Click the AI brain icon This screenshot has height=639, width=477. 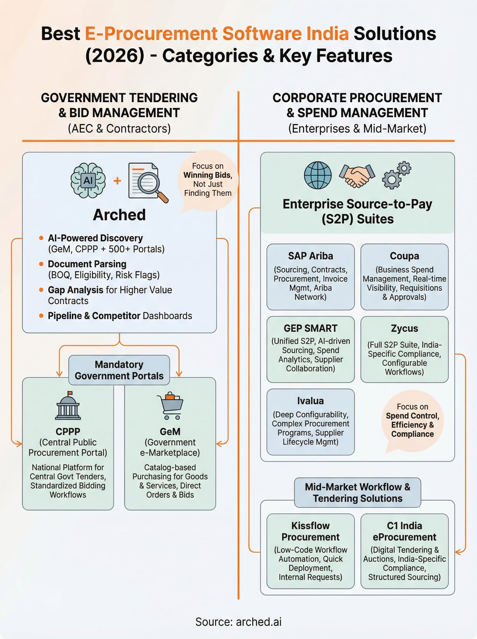pyautogui.click(x=88, y=181)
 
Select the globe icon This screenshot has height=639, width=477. pyautogui.click(x=318, y=175)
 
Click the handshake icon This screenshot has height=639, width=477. pyautogui.click(x=357, y=175)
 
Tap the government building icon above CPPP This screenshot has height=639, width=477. pyautogui.click(x=68, y=406)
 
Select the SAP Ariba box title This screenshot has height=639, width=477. pyautogui.click(x=310, y=256)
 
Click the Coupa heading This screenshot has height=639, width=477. pyautogui.click(x=404, y=256)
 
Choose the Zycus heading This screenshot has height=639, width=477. pyautogui.click(x=404, y=328)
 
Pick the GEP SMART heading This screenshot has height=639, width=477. pyautogui.click(x=310, y=328)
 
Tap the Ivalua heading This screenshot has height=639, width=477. pyautogui.click(x=310, y=401)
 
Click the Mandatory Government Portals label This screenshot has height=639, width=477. pyautogui.click(x=119, y=370)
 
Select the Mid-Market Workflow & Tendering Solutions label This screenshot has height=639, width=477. pyautogui.click(x=357, y=493)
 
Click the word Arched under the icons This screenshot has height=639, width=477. pyautogui.click(x=119, y=215)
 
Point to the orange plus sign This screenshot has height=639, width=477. pyautogui.click(x=117, y=181)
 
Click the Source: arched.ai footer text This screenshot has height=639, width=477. pyautogui.click(x=238, y=622)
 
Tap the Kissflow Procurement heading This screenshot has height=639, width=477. pyautogui.click(x=310, y=531)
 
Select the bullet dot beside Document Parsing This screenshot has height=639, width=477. pyautogui.click(x=41, y=264)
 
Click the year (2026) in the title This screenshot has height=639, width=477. pyautogui.click(x=115, y=55)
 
